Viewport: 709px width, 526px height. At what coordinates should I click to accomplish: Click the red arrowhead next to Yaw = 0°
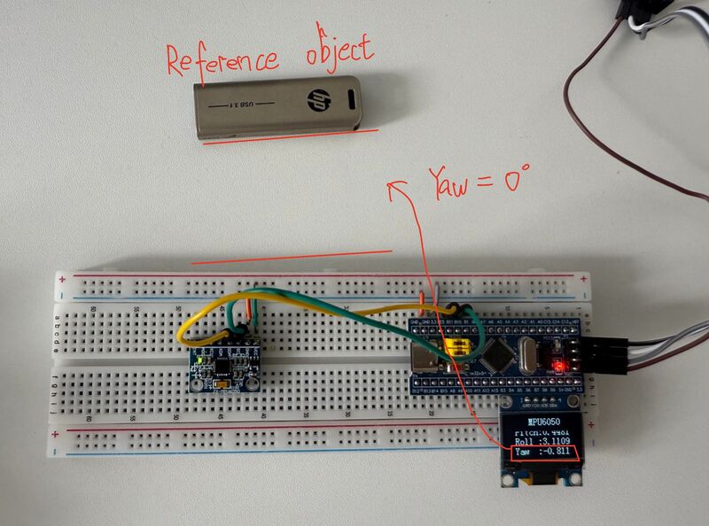395,187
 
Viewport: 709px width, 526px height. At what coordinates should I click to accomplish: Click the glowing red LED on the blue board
558,365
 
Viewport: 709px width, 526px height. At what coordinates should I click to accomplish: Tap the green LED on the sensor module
205,361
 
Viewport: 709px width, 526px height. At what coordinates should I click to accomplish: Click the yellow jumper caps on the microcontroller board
458,347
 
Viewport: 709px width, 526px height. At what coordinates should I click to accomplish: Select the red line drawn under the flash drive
290,137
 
